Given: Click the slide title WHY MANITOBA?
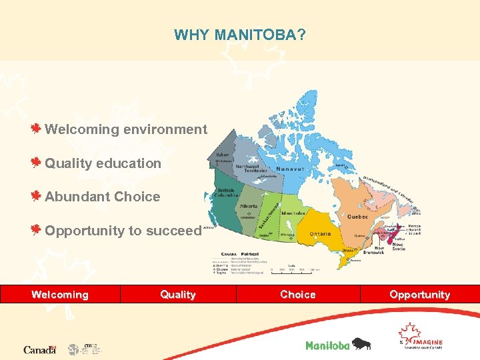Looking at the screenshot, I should pos(240,34).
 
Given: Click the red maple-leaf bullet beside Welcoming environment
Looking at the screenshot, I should pos(38,129).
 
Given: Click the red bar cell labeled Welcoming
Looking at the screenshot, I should pos(60,294).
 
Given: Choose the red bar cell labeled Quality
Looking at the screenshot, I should pos(178,294).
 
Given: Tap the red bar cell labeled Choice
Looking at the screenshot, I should pos(298,294).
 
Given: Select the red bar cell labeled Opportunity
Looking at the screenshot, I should pos(420,294).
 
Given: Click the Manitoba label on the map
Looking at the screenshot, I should pos(293,213).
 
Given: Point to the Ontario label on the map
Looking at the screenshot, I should pos(320,234).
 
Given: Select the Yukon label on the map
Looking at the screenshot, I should pos(222,154).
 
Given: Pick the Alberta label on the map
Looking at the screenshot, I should pos(248,207).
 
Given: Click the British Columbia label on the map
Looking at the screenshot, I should pos(226,193).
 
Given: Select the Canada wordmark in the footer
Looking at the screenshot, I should pos(40,349).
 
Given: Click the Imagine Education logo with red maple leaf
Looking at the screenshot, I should pos(419,337).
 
